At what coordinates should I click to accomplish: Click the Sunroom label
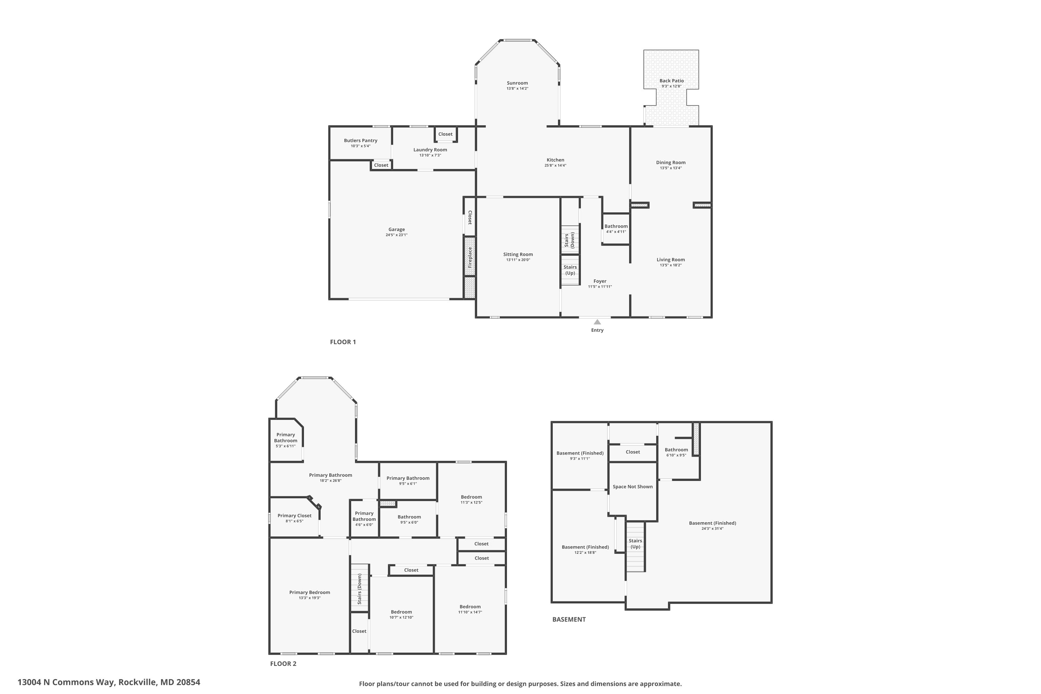[x=517, y=83]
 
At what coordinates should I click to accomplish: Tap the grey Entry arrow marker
[x=597, y=322]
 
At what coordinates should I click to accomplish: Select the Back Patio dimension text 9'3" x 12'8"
[x=671, y=86]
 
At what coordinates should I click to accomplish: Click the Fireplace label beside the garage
[x=469, y=257]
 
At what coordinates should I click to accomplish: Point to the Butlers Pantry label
[x=360, y=140]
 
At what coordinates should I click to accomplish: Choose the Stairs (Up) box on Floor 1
[x=570, y=270]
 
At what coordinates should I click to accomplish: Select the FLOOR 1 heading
[x=342, y=342]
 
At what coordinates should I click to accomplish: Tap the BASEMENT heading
[x=569, y=619]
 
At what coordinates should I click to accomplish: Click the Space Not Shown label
[x=633, y=486]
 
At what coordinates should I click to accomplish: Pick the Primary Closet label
[x=294, y=515]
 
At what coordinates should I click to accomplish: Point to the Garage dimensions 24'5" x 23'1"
[x=396, y=235]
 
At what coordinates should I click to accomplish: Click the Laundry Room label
[x=430, y=150]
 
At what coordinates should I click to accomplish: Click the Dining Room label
[x=670, y=162]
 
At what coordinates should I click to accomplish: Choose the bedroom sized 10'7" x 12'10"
[x=401, y=614]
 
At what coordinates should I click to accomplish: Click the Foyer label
[x=600, y=281]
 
